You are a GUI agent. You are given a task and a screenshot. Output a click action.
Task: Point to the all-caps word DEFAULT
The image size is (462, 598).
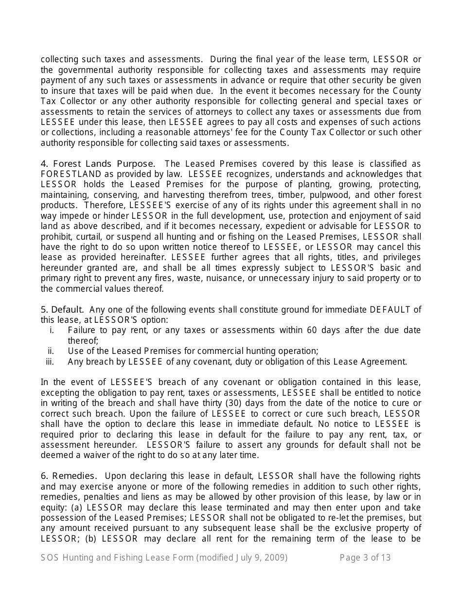[391, 310]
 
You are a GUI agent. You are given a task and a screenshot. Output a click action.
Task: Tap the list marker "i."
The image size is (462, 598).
[52, 331]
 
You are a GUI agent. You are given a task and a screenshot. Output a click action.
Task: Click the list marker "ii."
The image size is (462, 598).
[51, 351]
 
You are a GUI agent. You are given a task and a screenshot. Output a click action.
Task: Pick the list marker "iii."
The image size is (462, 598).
[50, 361]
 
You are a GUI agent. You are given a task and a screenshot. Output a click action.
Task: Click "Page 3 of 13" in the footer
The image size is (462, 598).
[365, 558]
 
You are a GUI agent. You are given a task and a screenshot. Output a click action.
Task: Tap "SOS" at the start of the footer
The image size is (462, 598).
[50, 558]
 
